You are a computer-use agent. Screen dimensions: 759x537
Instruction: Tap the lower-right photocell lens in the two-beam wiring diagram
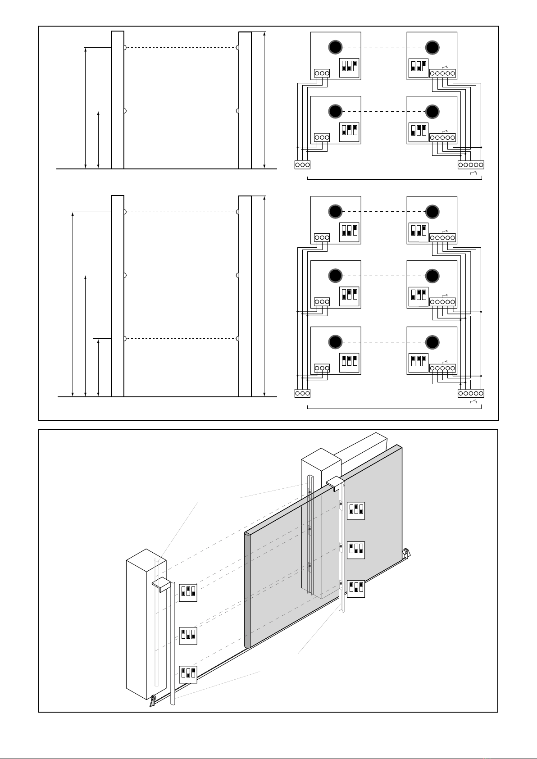pos(432,111)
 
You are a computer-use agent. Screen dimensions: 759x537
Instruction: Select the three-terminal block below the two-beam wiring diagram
pos(303,165)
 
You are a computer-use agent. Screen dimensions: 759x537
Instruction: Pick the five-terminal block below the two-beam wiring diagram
pos(471,165)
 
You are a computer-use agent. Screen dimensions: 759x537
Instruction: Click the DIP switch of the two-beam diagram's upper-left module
pos(349,67)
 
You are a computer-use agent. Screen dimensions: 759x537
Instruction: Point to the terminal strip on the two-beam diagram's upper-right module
pos(443,73)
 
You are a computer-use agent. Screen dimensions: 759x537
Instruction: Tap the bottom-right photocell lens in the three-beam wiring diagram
pos(432,342)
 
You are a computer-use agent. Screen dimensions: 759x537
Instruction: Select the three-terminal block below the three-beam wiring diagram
pos(303,393)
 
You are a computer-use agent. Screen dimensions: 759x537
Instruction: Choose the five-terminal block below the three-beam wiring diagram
pos(471,393)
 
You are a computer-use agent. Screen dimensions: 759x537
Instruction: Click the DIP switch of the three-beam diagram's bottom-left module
pos(349,361)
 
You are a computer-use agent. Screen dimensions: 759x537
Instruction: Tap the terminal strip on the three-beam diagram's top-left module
pos(321,237)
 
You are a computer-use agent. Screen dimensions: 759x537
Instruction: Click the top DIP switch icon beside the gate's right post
pos(355,510)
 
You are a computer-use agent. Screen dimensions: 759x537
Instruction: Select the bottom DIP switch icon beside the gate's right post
pos(355,588)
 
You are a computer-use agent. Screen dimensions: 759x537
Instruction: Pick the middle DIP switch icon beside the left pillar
pos(188,635)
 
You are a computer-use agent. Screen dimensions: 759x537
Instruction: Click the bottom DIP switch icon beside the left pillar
pos(188,674)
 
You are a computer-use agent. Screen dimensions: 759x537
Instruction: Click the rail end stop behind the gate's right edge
pos(406,553)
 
